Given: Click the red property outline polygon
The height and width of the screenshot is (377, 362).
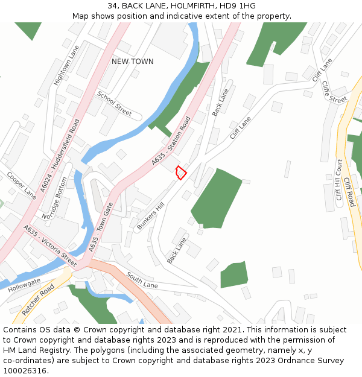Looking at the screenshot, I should (x=180, y=173).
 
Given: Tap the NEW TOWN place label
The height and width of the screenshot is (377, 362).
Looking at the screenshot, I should (x=133, y=62).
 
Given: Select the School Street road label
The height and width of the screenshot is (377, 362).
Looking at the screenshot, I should (x=114, y=103).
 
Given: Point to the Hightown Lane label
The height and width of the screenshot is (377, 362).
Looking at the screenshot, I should (x=66, y=65).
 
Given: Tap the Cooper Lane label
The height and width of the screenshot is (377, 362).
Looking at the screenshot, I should (x=22, y=185).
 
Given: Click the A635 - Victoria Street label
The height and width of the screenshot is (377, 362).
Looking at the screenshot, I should (x=50, y=246).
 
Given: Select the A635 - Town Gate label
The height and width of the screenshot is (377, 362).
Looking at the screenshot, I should (x=101, y=227).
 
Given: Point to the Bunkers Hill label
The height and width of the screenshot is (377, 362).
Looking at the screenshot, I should (x=150, y=215).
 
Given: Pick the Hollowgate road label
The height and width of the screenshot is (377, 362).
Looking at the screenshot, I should (x=24, y=285).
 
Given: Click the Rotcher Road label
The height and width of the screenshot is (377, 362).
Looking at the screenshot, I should (x=38, y=300).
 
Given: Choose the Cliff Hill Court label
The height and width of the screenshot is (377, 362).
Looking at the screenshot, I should (x=339, y=180).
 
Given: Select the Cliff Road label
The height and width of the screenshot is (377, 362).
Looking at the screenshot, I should (x=349, y=192).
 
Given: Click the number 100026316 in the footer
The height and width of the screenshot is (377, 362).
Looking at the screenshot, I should (x=26, y=371).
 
